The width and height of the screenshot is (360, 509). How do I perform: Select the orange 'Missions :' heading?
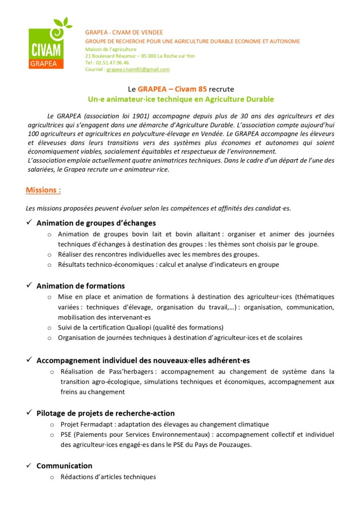[43, 190]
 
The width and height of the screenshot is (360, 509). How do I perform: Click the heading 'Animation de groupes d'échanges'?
[96, 223]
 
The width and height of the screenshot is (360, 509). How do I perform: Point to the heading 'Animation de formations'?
[81, 286]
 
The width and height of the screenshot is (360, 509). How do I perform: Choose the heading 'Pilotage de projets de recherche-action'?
[105, 413]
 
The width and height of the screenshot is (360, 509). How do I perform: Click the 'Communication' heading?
[64, 466]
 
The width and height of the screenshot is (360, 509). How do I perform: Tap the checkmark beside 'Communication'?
[29, 465]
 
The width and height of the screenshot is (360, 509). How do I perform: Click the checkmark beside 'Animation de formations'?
[29, 285]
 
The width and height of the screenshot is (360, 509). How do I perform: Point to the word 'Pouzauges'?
[234, 444]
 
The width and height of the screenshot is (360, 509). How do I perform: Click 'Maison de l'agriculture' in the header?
[110, 49]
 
